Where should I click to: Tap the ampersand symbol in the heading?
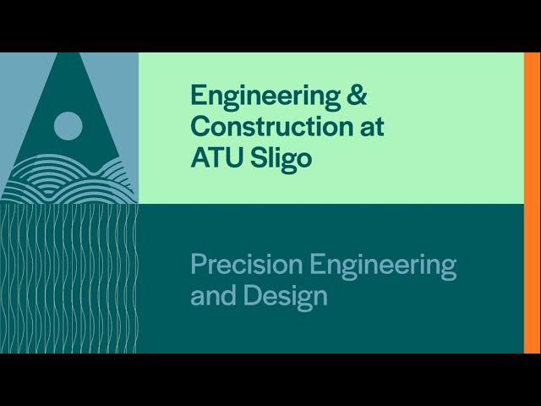point(357,95)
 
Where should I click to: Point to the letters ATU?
point(218,157)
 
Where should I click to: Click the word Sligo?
point(281,160)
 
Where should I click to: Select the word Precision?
point(247,263)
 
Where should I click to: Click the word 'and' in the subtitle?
point(214,295)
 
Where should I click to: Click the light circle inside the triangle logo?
point(68,126)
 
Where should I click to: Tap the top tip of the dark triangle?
point(68,52)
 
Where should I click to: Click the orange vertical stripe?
point(532,203)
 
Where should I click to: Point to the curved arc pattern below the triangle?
point(68,179)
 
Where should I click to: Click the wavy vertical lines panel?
point(69,278)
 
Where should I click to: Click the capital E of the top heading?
point(199,95)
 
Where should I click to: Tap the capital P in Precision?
point(199,263)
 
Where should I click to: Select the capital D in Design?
point(253,295)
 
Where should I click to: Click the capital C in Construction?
point(201,126)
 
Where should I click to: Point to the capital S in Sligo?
point(259,157)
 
